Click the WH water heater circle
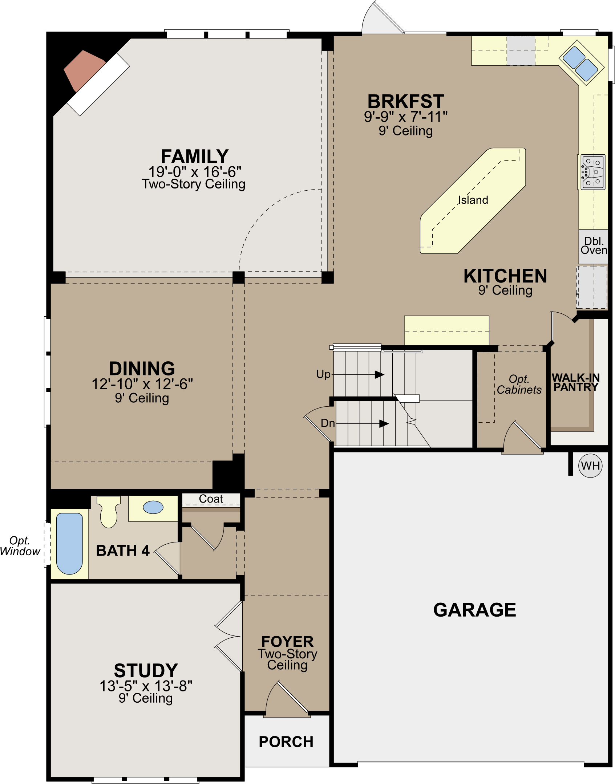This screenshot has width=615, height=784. pyautogui.click(x=590, y=466)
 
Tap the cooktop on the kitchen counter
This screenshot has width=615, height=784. pyautogui.click(x=593, y=172)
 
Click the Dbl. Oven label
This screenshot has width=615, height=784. pyautogui.click(x=594, y=246)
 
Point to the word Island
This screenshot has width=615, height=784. pyautogui.click(x=473, y=200)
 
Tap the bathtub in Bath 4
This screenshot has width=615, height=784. pyautogui.click(x=70, y=543)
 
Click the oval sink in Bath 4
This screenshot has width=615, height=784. pyautogui.click(x=153, y=507)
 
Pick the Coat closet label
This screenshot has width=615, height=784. pyautogui.click(x=211, y=499)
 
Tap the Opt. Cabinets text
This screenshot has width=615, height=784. pyautogui.click(x=519, y=384)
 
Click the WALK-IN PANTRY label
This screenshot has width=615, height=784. pyautogui.click(x=575, y=382)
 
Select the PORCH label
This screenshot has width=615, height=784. pyautogui.click(x=286, y=742)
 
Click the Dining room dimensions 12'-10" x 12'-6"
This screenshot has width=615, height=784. pyautogui.click(x=142, y=384)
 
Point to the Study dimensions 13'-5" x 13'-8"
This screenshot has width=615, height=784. pyautogui.click(x=146, y=686)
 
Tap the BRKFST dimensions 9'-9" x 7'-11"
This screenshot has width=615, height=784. pyautogui.click(x=405, y=117)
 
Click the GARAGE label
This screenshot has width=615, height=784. pyautogui.click(x=474, y=610)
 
